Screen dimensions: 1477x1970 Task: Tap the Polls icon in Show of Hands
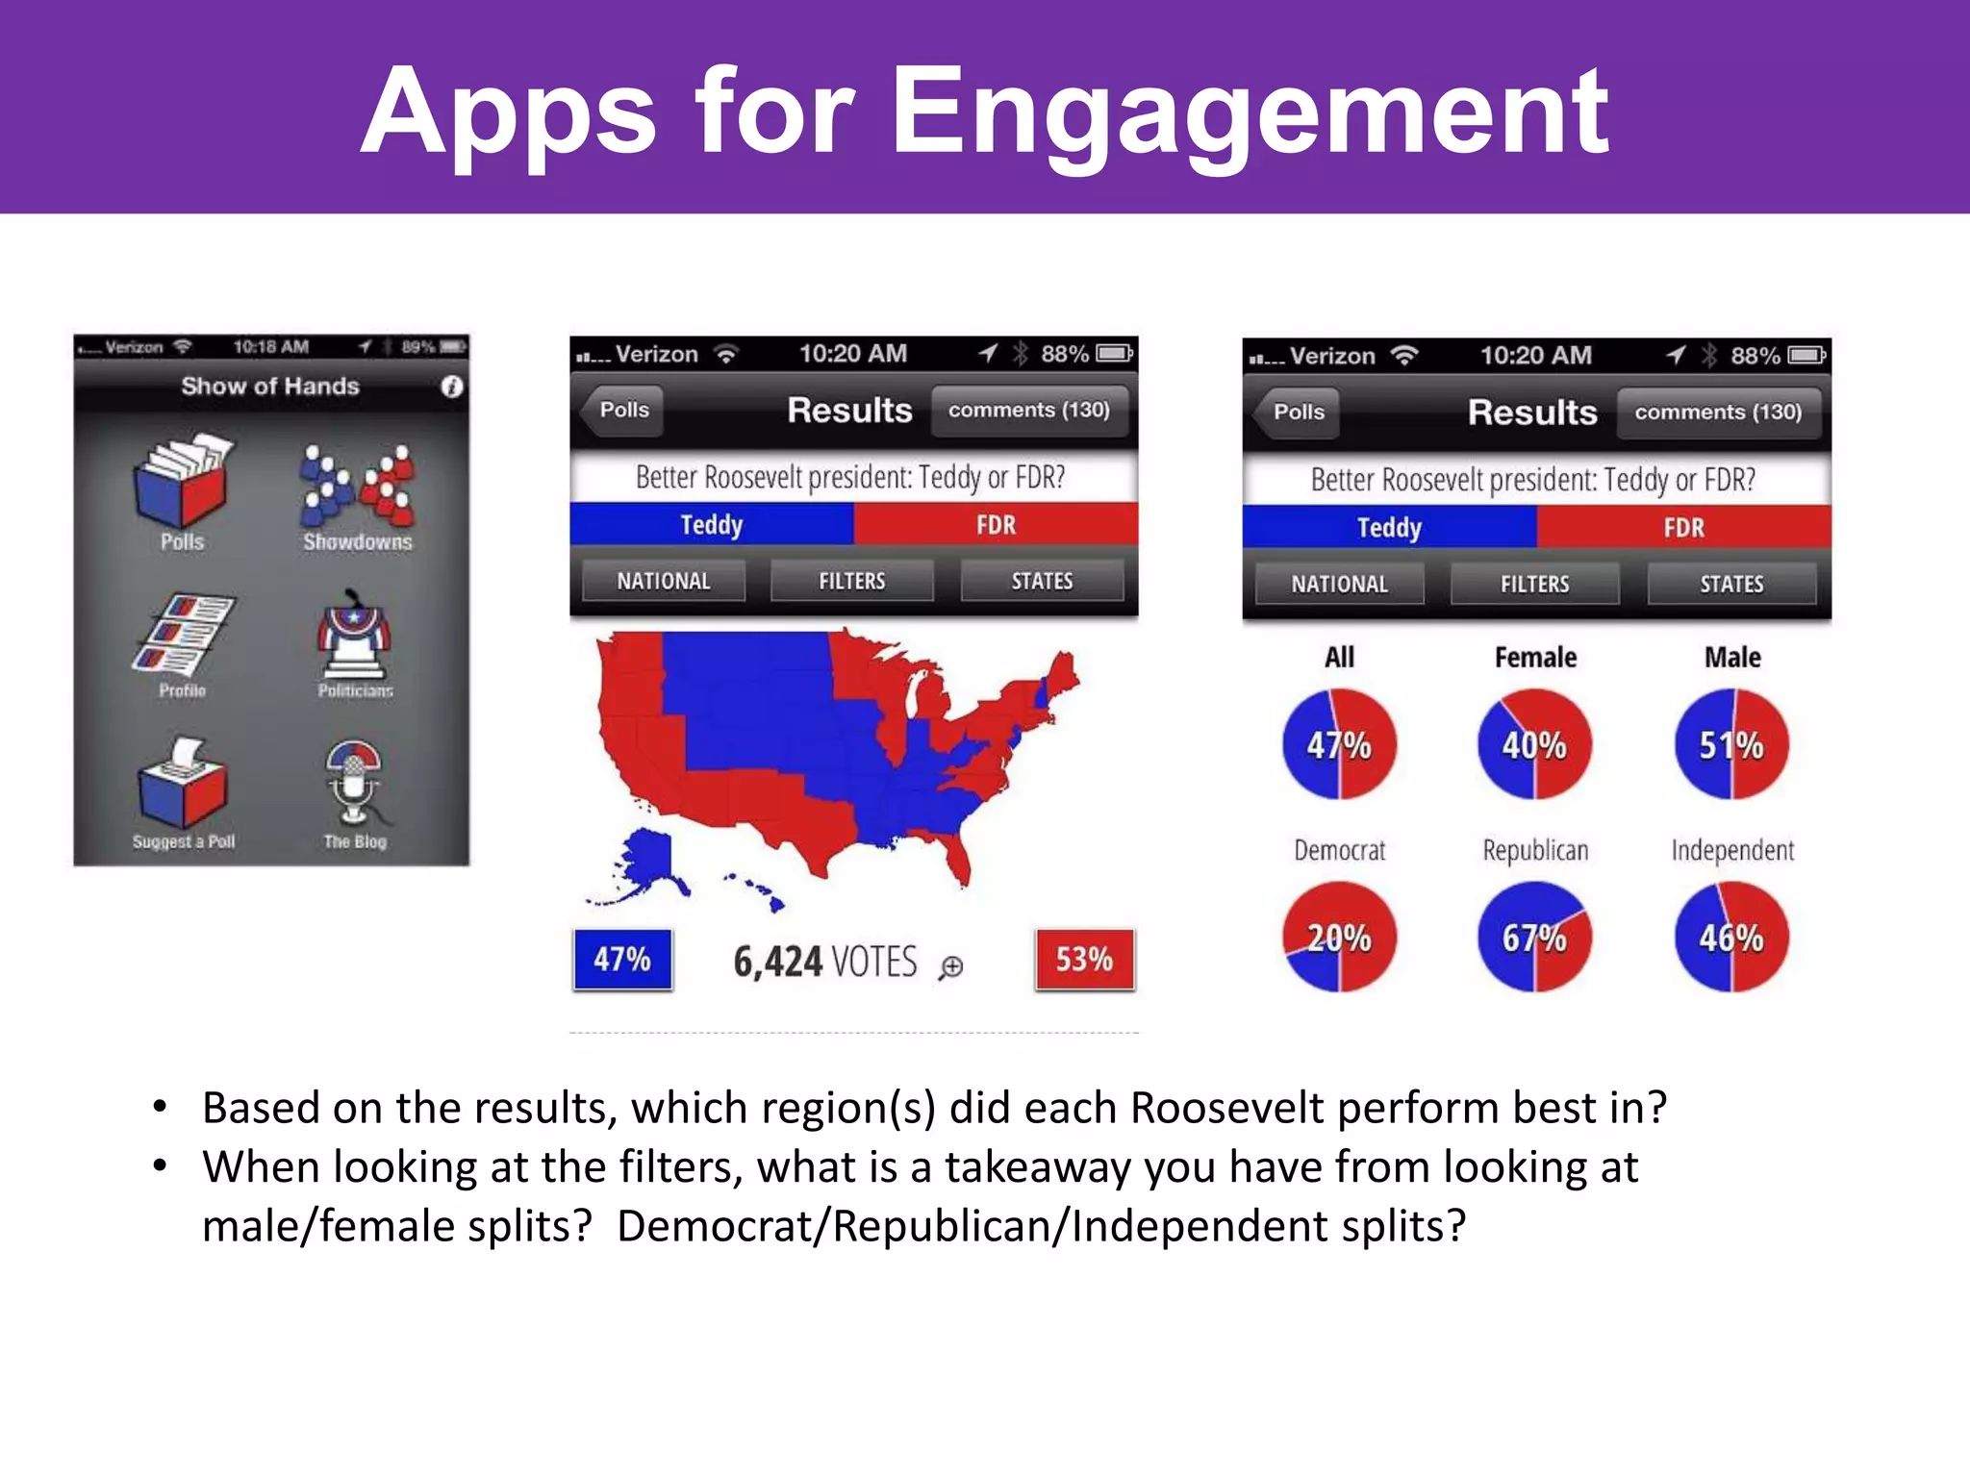point(182,485)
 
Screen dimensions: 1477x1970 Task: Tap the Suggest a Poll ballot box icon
point(183,787)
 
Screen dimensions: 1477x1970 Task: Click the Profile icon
point(183,637)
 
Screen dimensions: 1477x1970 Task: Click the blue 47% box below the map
point(622,959)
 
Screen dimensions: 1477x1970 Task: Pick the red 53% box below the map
point(1084,959)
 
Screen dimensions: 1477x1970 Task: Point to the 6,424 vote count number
point(777,962)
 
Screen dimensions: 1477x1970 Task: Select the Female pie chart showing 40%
point(1534,744)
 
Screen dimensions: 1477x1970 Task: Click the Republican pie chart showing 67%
point(1534,937)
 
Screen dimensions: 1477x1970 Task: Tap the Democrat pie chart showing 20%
point(1339,937)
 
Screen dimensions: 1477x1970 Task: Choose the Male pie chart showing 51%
point(1731,744)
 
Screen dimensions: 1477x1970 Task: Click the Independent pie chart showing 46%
point(1731,937)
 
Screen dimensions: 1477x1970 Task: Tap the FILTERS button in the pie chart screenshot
point(1534,584)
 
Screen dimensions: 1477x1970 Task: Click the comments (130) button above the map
point(1028,411)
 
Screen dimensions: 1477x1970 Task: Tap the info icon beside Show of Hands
point(451,387)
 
